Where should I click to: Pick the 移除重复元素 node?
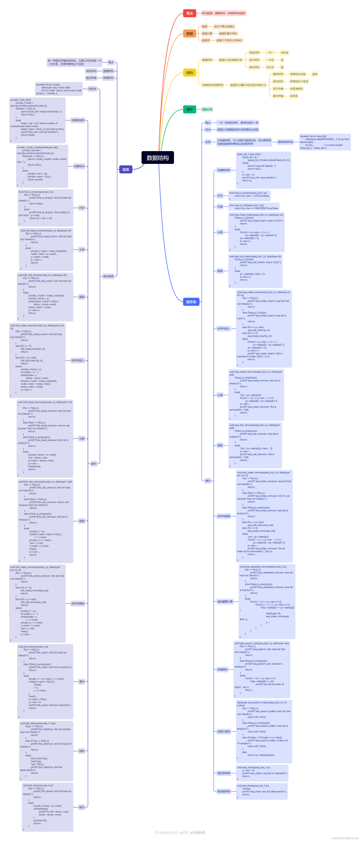pos(225,601)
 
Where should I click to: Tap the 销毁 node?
pos(82,751)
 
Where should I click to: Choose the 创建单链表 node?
pos(78,120)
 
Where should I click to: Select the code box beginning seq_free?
pos(262,791)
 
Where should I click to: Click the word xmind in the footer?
pos(197,832)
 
